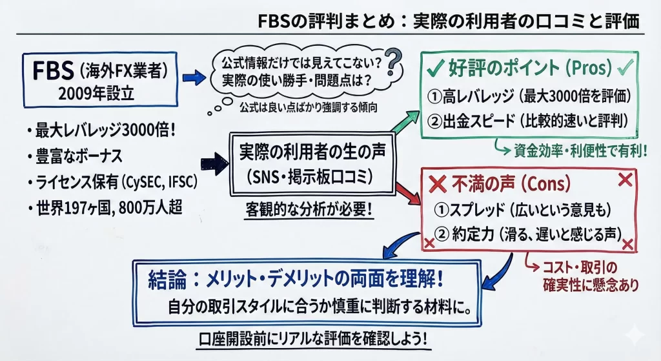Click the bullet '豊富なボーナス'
click(76, 158)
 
